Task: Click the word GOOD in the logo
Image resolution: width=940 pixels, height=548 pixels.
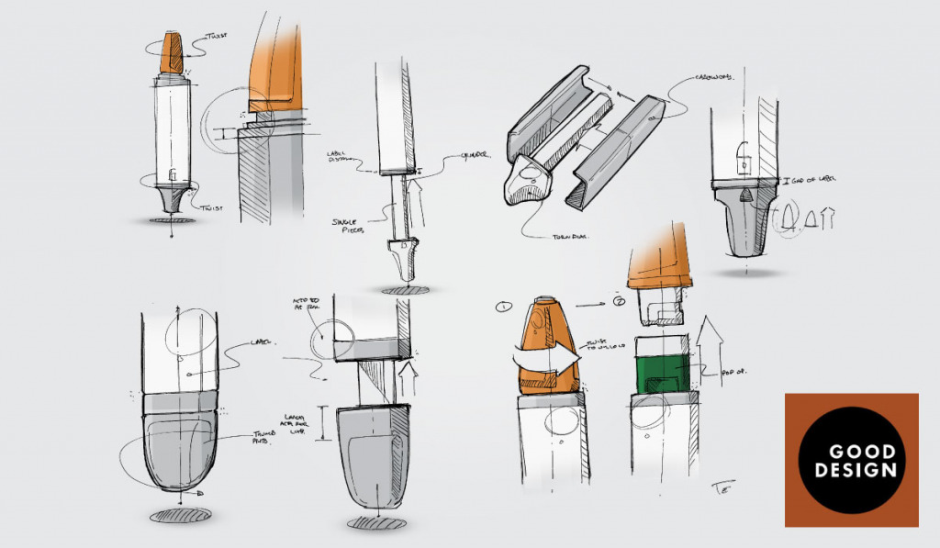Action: coord(850,454)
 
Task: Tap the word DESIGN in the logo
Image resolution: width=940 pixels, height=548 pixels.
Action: coord(850,471)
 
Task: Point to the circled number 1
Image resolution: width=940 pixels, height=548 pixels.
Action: coord(502,306)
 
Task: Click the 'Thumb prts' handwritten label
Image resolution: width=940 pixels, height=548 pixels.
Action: coord(266,439)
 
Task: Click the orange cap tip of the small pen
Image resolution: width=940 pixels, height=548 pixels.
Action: coord(172,53)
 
